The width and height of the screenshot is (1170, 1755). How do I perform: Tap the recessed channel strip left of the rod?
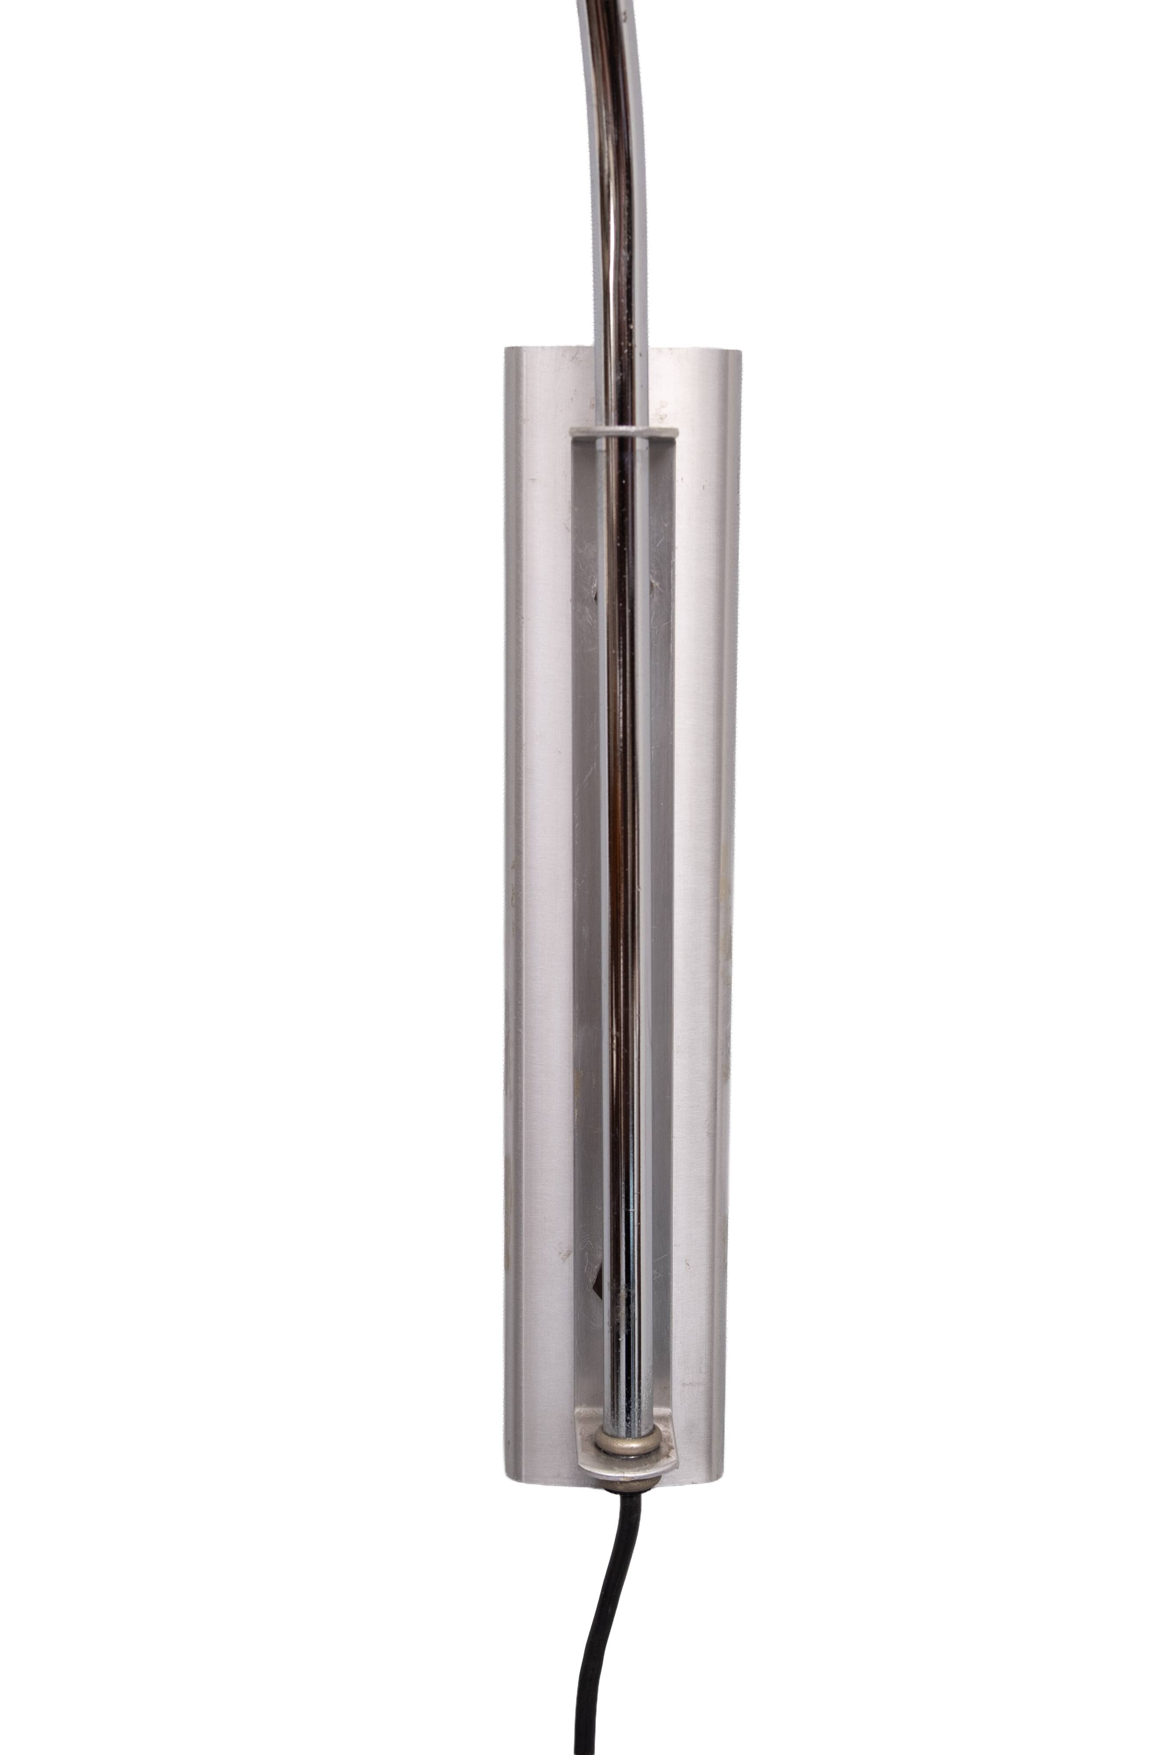click(x=586, y=895)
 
